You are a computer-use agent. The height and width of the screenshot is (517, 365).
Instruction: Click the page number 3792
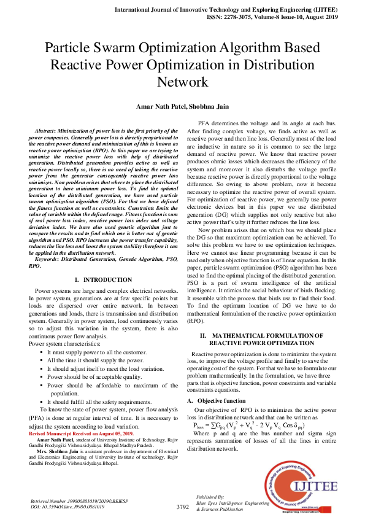[182, 507]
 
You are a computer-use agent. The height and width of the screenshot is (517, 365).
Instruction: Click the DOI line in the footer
[67, 508]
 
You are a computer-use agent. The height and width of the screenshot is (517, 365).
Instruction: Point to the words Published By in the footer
[210, 496]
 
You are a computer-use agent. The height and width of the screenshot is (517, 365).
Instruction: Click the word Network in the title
[182, 82]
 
